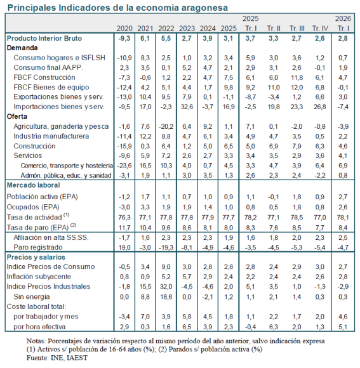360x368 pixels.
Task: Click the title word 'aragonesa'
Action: (x=204, y=8)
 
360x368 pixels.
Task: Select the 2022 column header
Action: (x=166, y=29)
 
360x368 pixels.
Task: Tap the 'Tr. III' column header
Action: (x=297, y=29)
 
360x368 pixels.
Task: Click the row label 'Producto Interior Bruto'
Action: (x=44, y=38)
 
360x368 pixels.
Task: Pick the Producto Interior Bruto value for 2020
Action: (x=124, y=38)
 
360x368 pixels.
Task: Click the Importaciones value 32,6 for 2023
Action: (x=187, y=107)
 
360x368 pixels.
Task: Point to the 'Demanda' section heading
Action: (x=22, y=48)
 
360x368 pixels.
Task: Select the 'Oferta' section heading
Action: (x=17, y=116)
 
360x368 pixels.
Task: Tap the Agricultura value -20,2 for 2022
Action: (x=166, y=126)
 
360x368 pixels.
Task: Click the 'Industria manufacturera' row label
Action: (x=51, y=136)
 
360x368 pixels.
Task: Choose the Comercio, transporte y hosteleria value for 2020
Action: (x=124, y=166)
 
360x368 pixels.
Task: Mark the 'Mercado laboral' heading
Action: (x=34, y=185)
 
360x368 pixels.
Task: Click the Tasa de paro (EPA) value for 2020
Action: (x=124, y=228)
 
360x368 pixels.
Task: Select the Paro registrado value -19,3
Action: (x=166, y=247)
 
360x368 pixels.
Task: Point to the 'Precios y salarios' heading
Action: (x=36, y=257)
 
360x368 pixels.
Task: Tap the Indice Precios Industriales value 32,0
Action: (x=166, y=287)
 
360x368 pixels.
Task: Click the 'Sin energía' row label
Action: (x=32, y=297)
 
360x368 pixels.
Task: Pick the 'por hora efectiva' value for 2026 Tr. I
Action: (x=343, y=327)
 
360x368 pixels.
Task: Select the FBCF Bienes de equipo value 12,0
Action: (x=297, y=88)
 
